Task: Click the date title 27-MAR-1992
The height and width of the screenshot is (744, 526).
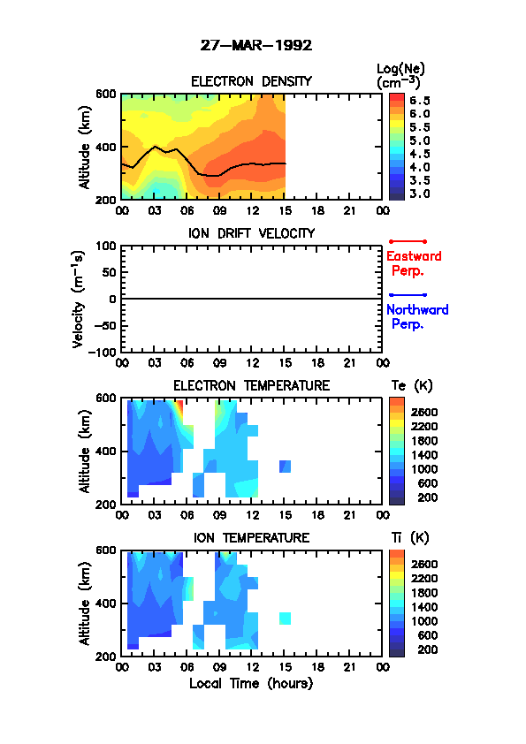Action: (255, 46)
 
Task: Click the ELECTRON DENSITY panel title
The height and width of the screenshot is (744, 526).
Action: (251, 81)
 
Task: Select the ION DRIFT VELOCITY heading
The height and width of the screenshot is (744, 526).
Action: (251, 233)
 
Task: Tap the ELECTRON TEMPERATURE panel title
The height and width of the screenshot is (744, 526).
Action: (251, 386)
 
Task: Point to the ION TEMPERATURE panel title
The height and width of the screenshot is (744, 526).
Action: (251, 537)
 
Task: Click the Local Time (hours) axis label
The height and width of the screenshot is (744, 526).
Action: (251, 684)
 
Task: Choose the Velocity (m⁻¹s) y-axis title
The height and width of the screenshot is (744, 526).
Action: (79, 299)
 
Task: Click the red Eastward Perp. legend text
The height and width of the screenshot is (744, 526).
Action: (414, 263)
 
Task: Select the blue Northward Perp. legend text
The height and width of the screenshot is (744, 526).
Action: (417, 317)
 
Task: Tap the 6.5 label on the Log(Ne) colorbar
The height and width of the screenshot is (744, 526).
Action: (420, 101)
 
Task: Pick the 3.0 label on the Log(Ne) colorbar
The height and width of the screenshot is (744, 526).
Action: (420, 194)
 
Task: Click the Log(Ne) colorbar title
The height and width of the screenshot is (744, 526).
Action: (400, 76)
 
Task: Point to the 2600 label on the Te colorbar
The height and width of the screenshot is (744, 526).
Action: (424, 413)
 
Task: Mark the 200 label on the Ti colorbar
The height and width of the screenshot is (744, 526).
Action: (427, 649)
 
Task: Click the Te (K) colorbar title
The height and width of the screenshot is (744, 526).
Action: (412, 386)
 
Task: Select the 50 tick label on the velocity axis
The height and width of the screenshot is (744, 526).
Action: (110, 272)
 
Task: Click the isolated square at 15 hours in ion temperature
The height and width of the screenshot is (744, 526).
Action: (285, 619)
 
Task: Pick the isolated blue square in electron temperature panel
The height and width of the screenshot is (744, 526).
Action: (285, 467)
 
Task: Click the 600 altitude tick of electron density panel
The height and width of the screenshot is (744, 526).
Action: (106, 94)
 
